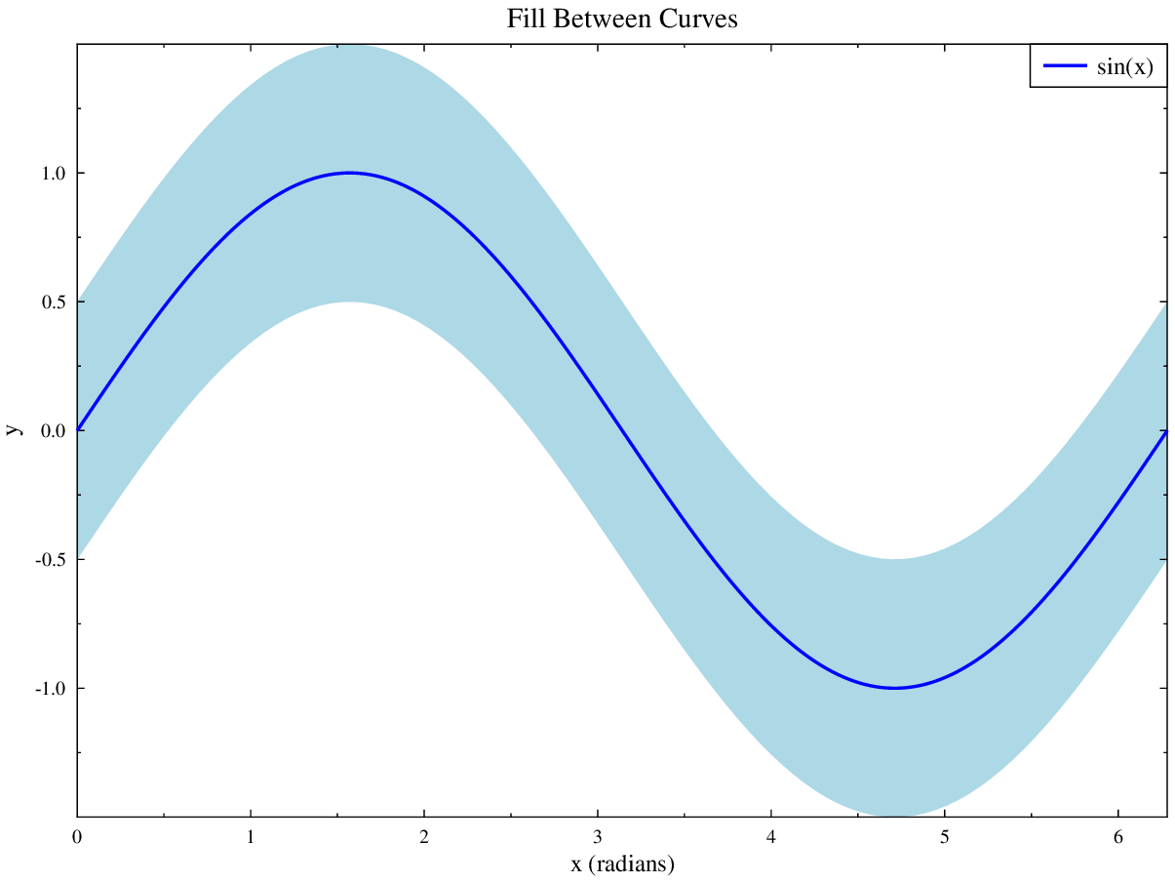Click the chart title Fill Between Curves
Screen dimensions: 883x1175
[x=622, y=19]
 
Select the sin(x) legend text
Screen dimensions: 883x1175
[x=1125, y=66]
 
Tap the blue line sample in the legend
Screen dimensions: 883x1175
[x=1065, y=66]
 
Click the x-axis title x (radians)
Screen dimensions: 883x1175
[x=622, y=863]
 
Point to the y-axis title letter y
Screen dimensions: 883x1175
[x=13, y=429]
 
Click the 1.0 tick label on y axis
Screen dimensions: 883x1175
[x=53, y=174]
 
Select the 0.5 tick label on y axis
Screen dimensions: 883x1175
[x=53, y=302]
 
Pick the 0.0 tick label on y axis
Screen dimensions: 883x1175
[x=53, y=431]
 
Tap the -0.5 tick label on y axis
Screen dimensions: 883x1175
[x=50, y=560]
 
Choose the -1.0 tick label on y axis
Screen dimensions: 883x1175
[x=50, y=689]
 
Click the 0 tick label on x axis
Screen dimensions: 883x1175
[x=77, y=837]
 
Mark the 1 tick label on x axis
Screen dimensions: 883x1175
[x=251, y=837]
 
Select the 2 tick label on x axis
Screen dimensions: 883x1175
[x=424, y=837]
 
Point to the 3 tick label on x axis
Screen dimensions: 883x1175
[x=598, y=837]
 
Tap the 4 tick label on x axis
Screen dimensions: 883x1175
[x=771, y=837]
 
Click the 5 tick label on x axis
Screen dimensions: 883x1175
[x=945, y=837]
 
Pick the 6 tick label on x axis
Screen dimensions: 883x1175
[x=1118, y=837]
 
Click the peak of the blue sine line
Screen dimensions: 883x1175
[x=349, y=173]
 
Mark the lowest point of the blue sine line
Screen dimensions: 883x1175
[x=894, y=688]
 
